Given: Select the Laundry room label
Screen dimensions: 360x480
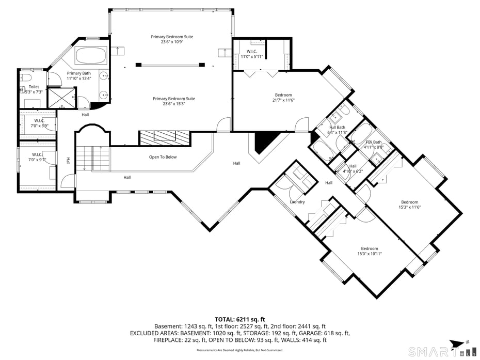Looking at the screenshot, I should tap(297, 202).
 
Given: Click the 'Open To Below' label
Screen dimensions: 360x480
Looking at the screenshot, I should tap(163, 157).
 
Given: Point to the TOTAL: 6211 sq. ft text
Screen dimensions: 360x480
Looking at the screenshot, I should tap(239, 319).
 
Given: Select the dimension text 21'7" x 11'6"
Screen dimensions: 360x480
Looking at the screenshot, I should tap(283, 101).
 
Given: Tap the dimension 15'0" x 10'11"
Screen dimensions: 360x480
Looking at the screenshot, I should tap(369, 254).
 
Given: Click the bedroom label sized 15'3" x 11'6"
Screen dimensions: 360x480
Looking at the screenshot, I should tap(410, 202).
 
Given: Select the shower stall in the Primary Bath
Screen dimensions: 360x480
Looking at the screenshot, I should tap(61, 98).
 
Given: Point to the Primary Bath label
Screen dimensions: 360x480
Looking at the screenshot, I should tap(79, 73).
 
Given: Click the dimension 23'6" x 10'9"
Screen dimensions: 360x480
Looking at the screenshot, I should tap(172, 42).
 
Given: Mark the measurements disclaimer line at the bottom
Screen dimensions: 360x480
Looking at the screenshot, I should tap(239, 350).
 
